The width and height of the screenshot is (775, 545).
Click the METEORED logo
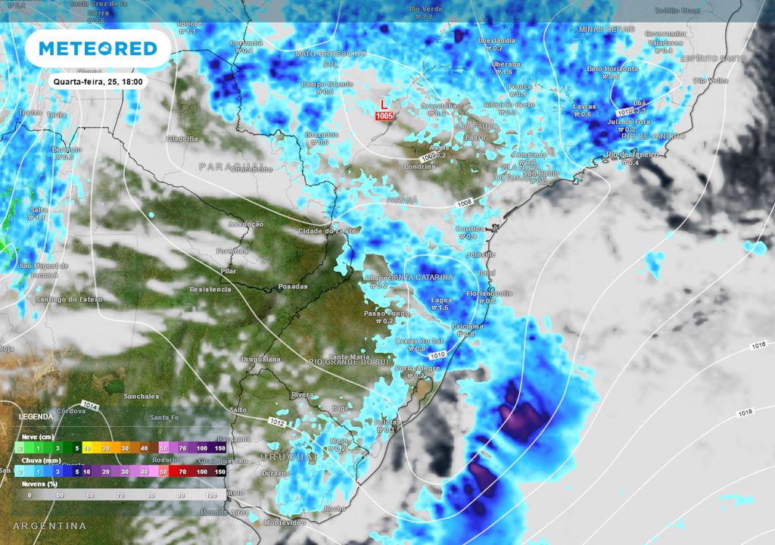(x=98, y=48)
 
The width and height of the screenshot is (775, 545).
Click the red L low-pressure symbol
(x=384, y=104)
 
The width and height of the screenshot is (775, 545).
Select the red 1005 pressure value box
(x=384, y=116)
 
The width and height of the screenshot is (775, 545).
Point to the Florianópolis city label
(x=490, y=293)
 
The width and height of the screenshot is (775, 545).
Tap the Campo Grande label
(x=328, y=84)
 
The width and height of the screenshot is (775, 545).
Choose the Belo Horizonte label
(x=612, y=69)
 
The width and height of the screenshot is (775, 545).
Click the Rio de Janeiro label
(x=633, y=154)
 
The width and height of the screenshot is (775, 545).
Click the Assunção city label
(x=246, y=224)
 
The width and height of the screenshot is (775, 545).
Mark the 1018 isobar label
(x=745, y=413)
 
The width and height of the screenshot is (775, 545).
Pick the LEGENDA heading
(x=36, y=417)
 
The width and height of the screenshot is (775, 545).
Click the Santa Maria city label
(x=348, y=357)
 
